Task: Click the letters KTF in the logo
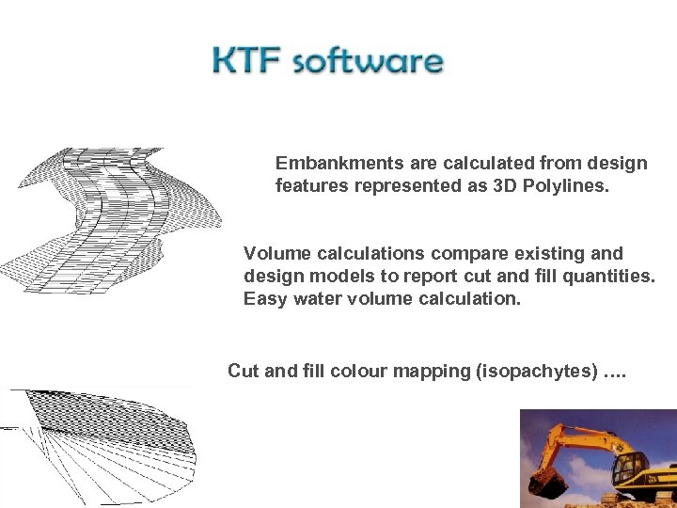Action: (246, 62)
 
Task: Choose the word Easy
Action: (264, 299)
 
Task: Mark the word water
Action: (314, 299)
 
